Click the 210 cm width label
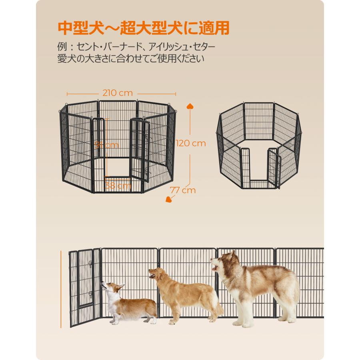117,93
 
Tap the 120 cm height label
191,143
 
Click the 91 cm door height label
106,145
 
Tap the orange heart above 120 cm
190,107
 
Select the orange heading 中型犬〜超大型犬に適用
144,28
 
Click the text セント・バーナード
102,47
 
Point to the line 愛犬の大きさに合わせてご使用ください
131,59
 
